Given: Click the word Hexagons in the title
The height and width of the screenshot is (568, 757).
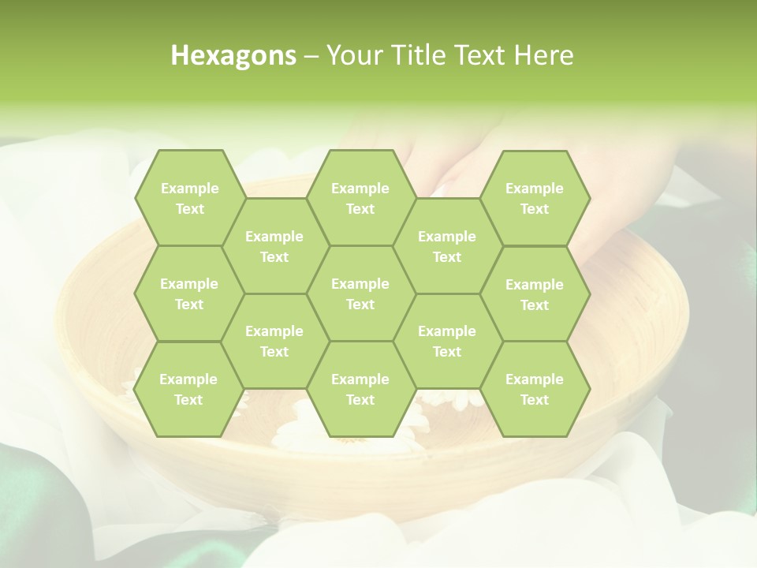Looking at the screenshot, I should click(233, 55).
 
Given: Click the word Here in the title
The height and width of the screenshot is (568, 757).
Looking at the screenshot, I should click(544, 55).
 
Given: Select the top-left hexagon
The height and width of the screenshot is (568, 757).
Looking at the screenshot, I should click(189, 198).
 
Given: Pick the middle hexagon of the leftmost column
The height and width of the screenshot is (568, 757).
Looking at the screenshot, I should click(189, 293).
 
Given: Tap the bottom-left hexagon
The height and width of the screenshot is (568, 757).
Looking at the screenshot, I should click(188, 389).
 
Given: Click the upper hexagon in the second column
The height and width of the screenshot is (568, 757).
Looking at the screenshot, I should click(274, 246).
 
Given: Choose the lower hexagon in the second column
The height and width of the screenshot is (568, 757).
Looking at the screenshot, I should click(274, 341).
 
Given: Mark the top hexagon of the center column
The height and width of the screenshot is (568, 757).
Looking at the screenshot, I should click(360, 198).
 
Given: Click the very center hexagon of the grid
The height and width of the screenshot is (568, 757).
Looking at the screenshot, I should click(360, 293).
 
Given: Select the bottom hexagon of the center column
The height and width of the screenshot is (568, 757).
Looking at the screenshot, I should click(360, 389).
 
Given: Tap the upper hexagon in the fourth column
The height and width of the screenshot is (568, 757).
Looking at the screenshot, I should click(447, 246).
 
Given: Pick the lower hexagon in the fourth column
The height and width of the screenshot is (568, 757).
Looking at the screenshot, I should click(447, 341).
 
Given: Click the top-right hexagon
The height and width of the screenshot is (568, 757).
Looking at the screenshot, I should click(535, 198).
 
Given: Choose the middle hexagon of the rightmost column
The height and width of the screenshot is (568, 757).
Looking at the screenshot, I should click(535, 294).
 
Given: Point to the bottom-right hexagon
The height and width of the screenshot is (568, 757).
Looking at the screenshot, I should click(535, 389).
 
